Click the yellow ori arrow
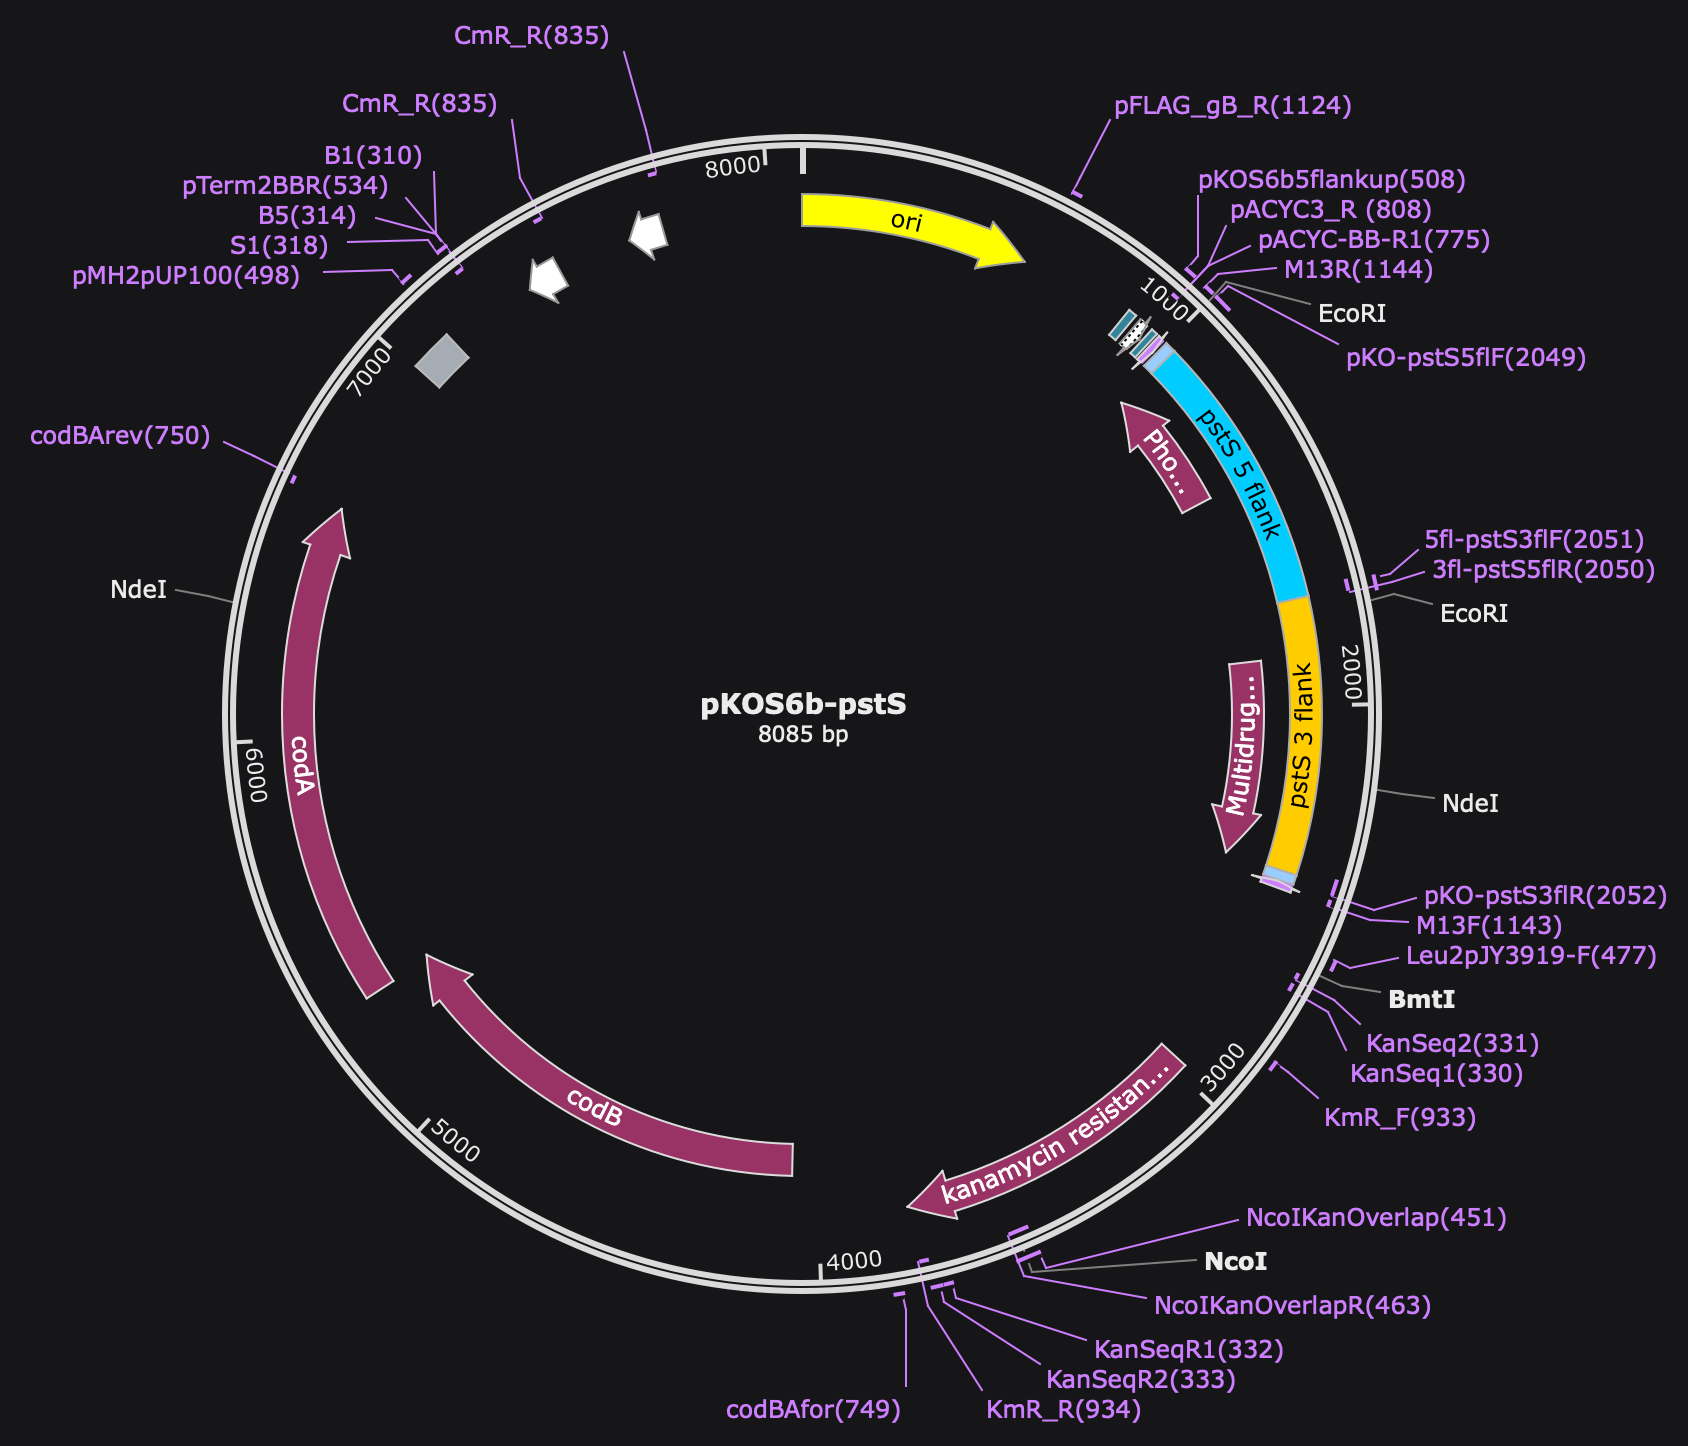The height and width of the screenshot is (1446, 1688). tap(905, 222)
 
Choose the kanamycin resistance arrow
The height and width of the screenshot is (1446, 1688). tap(1050, 1135)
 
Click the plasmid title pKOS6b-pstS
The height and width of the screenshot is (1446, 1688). tap(803, 704)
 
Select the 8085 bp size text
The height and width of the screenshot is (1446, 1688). tap(803, 735)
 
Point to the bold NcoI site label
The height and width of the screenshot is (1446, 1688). tap(1236, 1261)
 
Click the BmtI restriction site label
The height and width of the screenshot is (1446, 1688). tap(1422, 998)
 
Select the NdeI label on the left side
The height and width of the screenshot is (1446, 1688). tap(139, 589)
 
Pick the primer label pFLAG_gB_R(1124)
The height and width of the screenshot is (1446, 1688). tap(1233, 106)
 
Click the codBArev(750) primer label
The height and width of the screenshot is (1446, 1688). tap(121, 435)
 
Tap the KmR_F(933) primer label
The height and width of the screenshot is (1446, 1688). tap(1400, 1117)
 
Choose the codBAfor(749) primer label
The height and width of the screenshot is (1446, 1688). tap(814, 1410)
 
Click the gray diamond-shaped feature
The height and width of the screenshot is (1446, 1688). tap(442, 360)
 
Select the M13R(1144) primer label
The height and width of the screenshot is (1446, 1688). tap(1359, 270)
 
